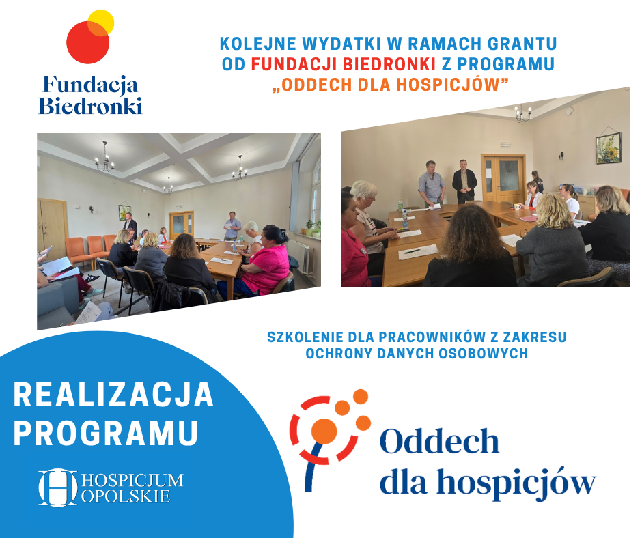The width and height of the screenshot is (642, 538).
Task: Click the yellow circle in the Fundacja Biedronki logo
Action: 101,23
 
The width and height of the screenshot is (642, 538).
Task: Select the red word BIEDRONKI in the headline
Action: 389,64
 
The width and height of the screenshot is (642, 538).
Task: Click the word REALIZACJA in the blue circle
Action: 114,395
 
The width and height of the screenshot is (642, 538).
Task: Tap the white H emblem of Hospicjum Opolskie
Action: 58,487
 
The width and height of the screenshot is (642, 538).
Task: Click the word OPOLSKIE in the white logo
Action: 126,496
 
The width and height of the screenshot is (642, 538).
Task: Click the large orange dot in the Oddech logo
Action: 324,431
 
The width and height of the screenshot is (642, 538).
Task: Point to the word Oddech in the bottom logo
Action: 439,441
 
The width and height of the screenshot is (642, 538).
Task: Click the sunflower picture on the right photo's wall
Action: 609,147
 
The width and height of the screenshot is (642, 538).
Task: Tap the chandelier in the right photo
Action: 523,113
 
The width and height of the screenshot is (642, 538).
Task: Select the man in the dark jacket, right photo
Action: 464,182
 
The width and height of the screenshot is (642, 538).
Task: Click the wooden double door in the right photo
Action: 503,178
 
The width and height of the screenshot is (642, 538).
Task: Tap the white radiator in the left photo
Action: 301,255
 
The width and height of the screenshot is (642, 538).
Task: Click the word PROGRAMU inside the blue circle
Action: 106,432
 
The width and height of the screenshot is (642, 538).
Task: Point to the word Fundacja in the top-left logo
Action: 90,85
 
